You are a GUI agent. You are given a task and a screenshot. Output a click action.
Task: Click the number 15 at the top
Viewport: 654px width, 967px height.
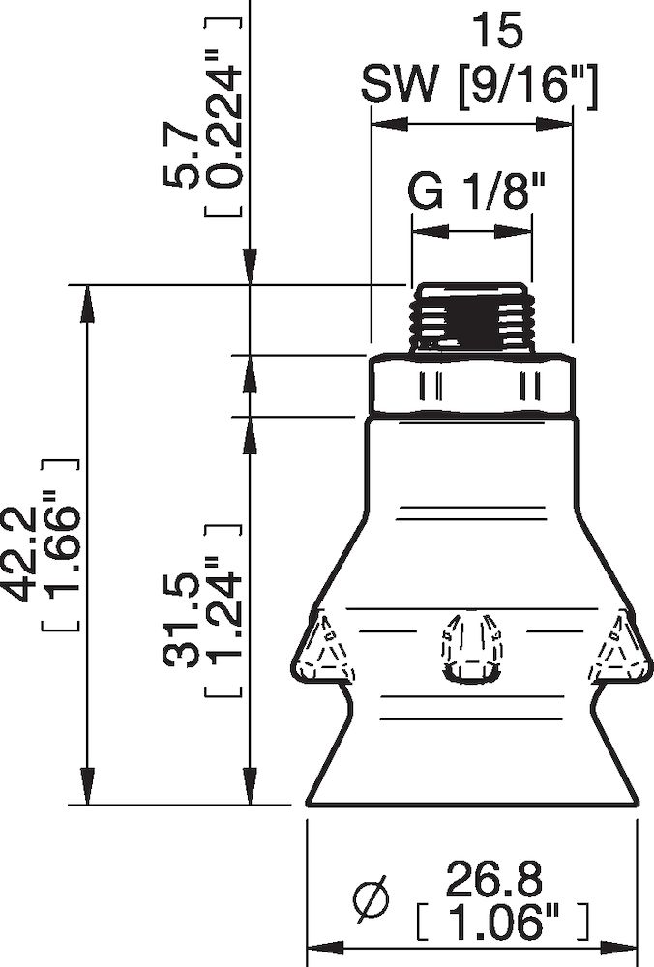pyautogui.click(x=496, y=32)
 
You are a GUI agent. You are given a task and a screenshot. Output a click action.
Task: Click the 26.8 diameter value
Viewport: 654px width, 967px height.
pyautogui.click(x=493, y=881)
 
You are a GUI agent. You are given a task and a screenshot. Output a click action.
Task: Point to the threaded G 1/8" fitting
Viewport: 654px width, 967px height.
pyautogui.click(x=472, y=318)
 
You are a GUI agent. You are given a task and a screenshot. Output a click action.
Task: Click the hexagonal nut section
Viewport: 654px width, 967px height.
pyautogui.click(x=472, y=386)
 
